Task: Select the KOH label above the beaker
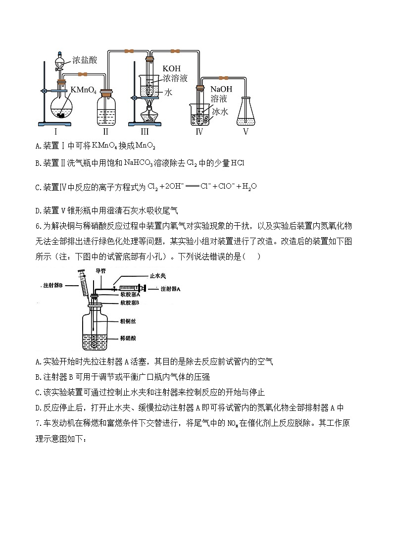pyautogui.click(x=171, y=68)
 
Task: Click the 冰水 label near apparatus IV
pyautogui.click(x=219, y=112)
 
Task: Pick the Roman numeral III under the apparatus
pyautogui.click(x=145, y=132)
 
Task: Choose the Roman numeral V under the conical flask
pyautogui.click(x=246, y=132)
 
